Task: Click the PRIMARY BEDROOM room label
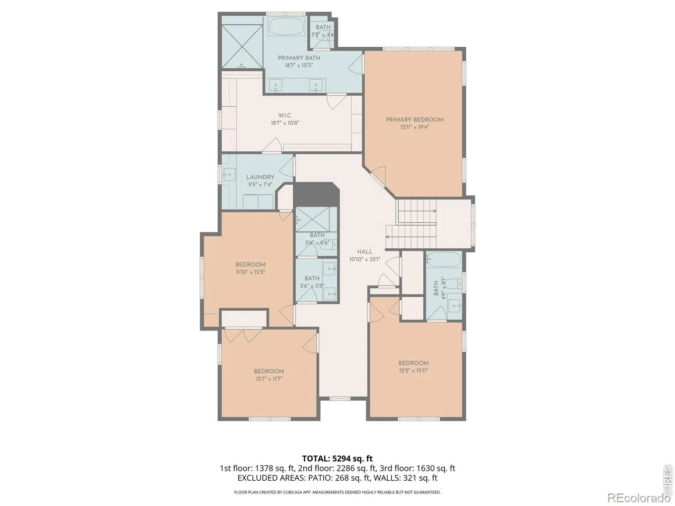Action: [x=414, y=119]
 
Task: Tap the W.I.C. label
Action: [x=285, y=115]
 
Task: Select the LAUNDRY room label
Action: [x=260, y=177]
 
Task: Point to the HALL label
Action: [x=365, y=252]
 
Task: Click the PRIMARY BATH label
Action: [x=299, y=58]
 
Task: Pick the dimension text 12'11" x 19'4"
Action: [x=414, y=127]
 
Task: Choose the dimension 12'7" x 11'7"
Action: [x=269, y=379]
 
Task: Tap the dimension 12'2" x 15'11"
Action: [x=413, y=371]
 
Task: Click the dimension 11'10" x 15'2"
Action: [x=250, y=272]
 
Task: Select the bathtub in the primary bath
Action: [x=286, y=27]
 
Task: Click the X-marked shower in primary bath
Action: [x=242, y=46]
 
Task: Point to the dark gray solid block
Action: [x=316, y=194]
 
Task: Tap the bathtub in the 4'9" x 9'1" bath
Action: [x=443, y=259]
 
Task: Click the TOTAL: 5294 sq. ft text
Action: [x=337, y=459]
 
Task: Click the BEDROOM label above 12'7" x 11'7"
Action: [x=269, y=371]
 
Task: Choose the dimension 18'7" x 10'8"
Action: [x=285, y=123]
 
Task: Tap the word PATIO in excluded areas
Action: [x=317, y=478]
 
